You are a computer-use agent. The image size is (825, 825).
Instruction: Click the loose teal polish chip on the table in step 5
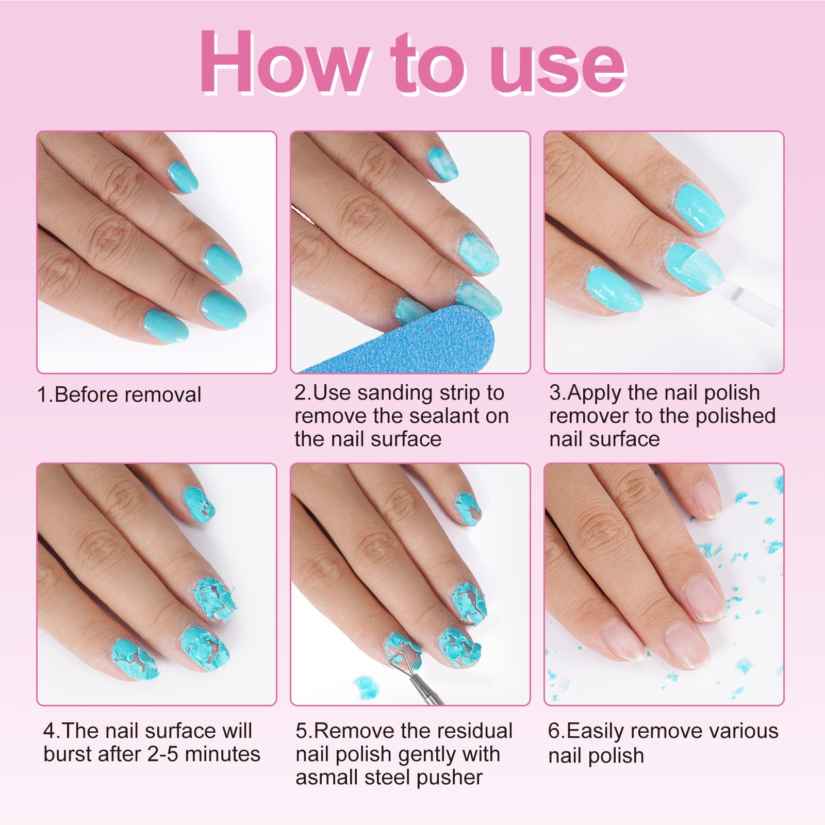[x=366, y=688]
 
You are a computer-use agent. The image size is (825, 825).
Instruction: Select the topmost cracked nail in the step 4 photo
[x=199, y=504]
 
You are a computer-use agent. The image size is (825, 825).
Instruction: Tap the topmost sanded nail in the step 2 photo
[x=443, y=162]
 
